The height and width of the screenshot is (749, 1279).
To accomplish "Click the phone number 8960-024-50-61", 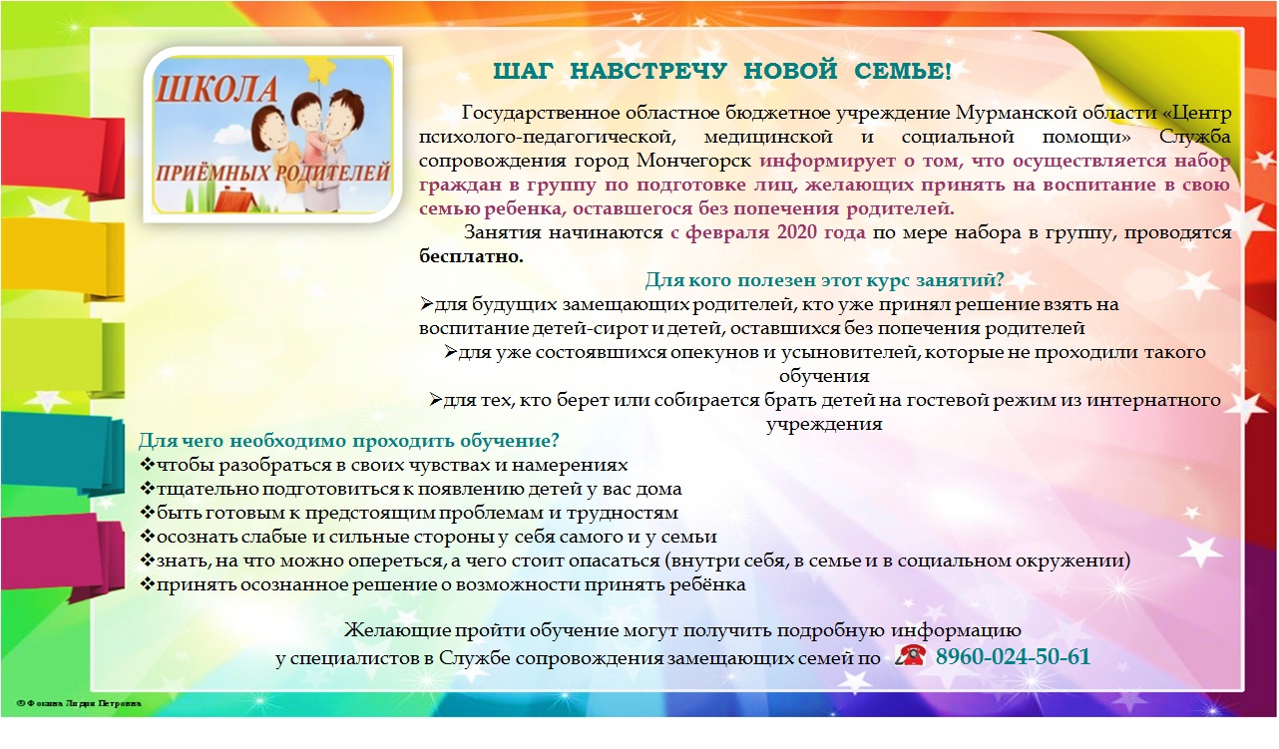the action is pyautogui.click(x=1013, y=656).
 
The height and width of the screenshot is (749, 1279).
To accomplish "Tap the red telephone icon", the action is pyautogui.click(x=910, y=655).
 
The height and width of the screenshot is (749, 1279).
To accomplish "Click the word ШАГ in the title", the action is pyautogui.click(x=523, y=72).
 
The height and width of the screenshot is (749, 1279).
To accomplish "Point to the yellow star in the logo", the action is pyautogui.click(x=318, y=70).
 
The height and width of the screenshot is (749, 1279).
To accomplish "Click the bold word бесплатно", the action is pyautogui.click(x=471, y=257).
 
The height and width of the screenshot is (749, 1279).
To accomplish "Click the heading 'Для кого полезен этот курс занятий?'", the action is pyautogui.click(x=824, y=280).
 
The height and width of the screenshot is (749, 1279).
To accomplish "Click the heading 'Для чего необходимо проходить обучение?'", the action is pyautogui.click(x=349, y=441).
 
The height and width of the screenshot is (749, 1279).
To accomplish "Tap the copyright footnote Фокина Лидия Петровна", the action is pyautogui.click(x=79, y=704).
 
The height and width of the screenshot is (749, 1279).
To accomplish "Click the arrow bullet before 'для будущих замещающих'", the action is pyautogui.click(x=427, y=304).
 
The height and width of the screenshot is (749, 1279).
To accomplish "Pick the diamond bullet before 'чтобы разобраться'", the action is pyautogui.click(x=148, y=465).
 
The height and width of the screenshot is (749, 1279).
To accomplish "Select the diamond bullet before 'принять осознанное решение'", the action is pyautogui.click(x=148, y=584).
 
